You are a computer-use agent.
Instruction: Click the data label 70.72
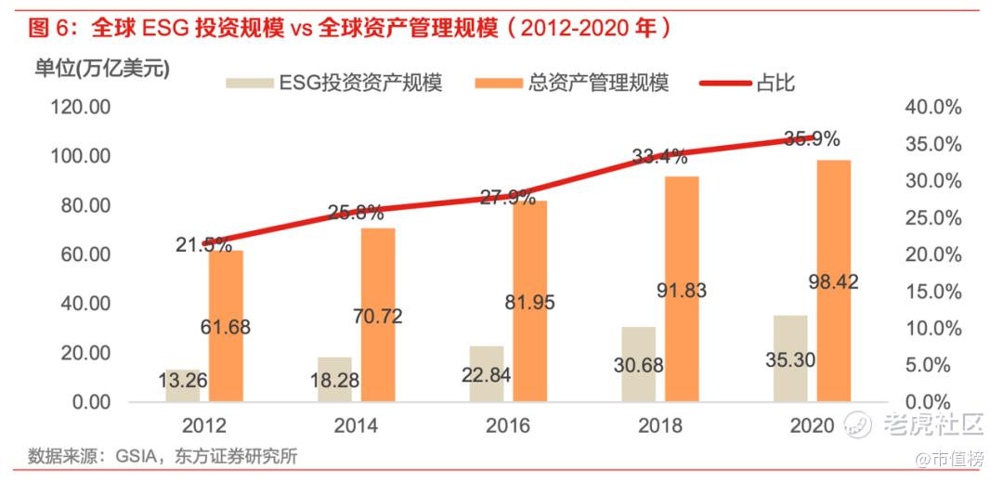point(378,317)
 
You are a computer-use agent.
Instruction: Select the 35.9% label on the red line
point(811,139)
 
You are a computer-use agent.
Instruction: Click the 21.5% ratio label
point(203,244)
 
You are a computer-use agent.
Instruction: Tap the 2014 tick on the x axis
point(356,426)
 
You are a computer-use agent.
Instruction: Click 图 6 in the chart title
point(50,28)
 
